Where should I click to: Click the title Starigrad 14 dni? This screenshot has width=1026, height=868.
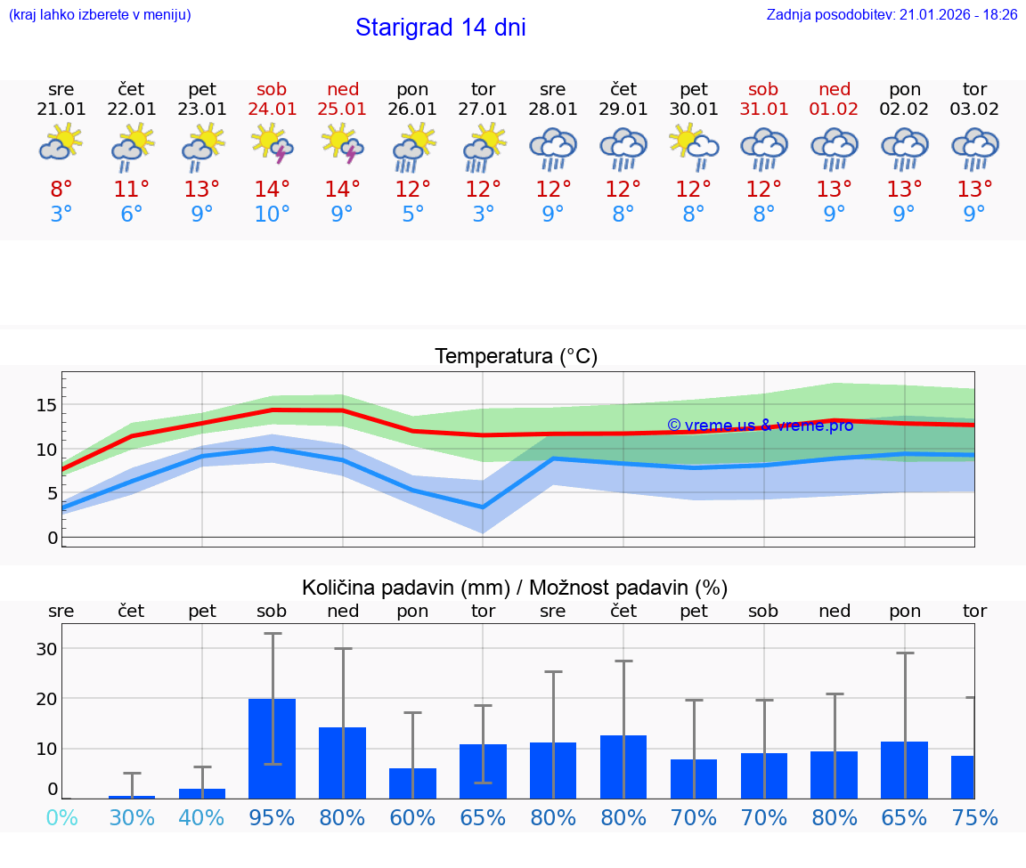coord(440,28)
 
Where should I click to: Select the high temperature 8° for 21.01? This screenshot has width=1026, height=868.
coord(61,189)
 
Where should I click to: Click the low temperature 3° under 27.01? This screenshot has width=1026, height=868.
coord(483,214)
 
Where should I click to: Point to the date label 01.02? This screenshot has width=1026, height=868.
coord(835,109)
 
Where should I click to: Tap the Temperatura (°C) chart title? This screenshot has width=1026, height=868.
coord(516,357)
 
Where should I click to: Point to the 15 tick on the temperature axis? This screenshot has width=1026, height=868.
coord(46,405)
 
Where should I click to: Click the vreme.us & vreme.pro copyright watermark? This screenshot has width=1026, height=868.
coord(760,426)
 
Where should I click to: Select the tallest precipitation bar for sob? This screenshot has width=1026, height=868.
coord(273,748)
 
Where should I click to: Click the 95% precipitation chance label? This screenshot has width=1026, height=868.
coord(273,817)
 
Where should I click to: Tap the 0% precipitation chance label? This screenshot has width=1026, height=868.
coord(61,817)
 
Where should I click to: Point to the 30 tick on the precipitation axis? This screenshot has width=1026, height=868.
coord(46,649)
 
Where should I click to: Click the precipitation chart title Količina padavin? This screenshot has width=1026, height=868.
coord(515,588)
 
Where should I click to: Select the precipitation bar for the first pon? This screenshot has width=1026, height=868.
coord(412,783)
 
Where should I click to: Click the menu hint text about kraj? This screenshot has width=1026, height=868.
coord(100,15)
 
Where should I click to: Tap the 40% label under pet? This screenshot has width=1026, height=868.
coord(202,817)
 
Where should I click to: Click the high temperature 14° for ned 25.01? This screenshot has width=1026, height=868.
coord(342,189)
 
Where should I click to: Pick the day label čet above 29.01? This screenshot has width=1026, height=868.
coord(623,89)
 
